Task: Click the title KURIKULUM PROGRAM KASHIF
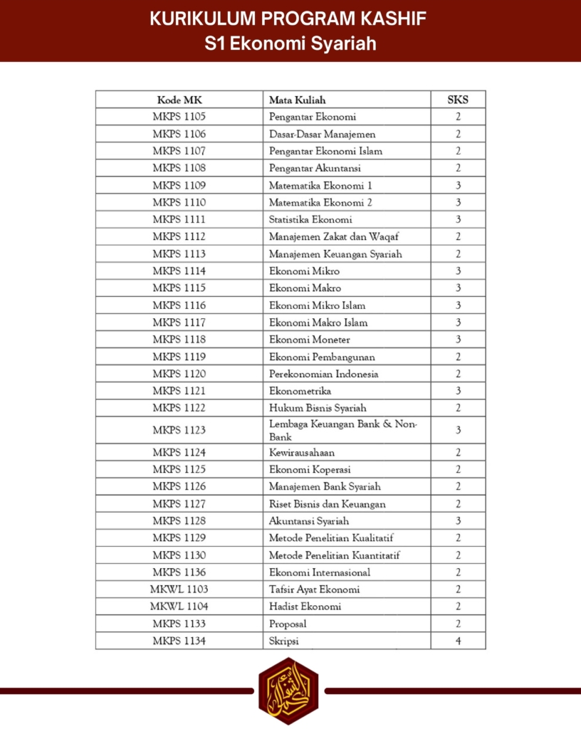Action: pyautogui.click(x=290, y=19)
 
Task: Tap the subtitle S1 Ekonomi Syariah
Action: pyautogui.click(x=290, y=44)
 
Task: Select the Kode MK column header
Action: pyautogui.click(x=179, y=100)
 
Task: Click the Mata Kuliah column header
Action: pyautogui.click(x=298, y=100)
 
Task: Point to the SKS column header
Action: pyautogui.click(x=458, y=100)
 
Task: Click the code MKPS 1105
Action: pyautogui.click(x=179, y=117)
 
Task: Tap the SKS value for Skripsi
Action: pyautogui.click(x=458, y=641)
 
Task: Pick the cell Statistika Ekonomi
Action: pyautogui.click(x=310, y=219)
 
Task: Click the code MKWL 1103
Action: pyautogui.click(x=179, y=589)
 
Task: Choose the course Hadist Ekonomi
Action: pyautogui.click(x=305, y=607)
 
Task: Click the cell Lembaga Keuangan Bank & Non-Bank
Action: pyautogui.click(x=343, y=430)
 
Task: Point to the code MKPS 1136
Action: pyautogui.click(x=179, y=572)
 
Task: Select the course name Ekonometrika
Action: pyautogui.click(x=300, y=391)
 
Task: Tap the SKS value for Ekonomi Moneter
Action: pyautogui.click(x=458, y=340)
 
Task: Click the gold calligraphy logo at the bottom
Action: pyautogui.click(x=288, y=690)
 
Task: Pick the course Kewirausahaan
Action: pyautogui.click(x=302, y=452)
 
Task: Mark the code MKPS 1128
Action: pyautogui.click(x=179, y=521)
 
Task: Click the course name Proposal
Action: pyautogui.click(x=288, y=624)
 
